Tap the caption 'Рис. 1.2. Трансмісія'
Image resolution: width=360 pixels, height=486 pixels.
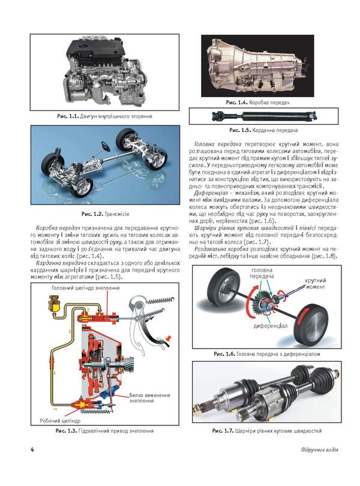pos(103,214)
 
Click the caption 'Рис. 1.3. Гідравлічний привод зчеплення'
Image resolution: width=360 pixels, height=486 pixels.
pos(104,431)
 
